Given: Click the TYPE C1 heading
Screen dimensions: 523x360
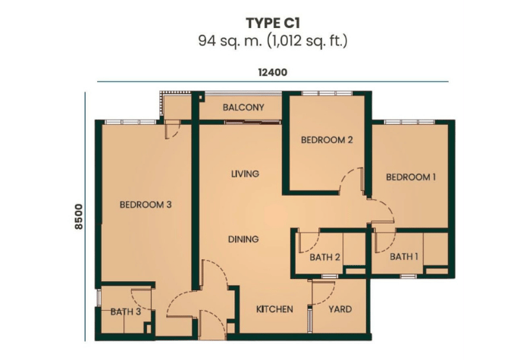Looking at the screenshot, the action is [x=273, y=23].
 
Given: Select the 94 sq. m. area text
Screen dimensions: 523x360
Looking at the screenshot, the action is [x=230, y=41].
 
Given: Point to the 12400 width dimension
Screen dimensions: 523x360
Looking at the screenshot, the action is [x=273, y=73].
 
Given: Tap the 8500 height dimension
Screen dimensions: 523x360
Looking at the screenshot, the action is [x=79, y=217].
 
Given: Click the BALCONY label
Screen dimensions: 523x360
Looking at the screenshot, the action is [x=243, y=108].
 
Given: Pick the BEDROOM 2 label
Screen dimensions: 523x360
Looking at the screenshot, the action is [x=327, y=139].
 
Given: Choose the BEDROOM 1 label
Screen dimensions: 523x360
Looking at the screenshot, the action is [x=411, y=177].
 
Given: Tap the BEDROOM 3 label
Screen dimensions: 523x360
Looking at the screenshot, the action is [x=146, y=204].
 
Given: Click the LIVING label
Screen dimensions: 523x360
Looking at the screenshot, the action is [x=245, y=174].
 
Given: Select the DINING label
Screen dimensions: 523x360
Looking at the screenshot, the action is [x=243, y=239].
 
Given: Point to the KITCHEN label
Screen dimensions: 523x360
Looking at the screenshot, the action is [x=274, y=309].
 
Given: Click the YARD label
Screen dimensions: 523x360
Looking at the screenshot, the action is [x=340, y=309].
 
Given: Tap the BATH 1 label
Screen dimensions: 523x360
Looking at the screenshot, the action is [x=404, y=257].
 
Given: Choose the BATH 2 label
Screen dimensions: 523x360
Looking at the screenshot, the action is [x=325, y=257].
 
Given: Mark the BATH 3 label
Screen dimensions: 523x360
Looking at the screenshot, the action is [x=126, y=312].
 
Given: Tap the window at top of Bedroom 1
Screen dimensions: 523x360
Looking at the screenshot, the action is [x=409, y=122].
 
